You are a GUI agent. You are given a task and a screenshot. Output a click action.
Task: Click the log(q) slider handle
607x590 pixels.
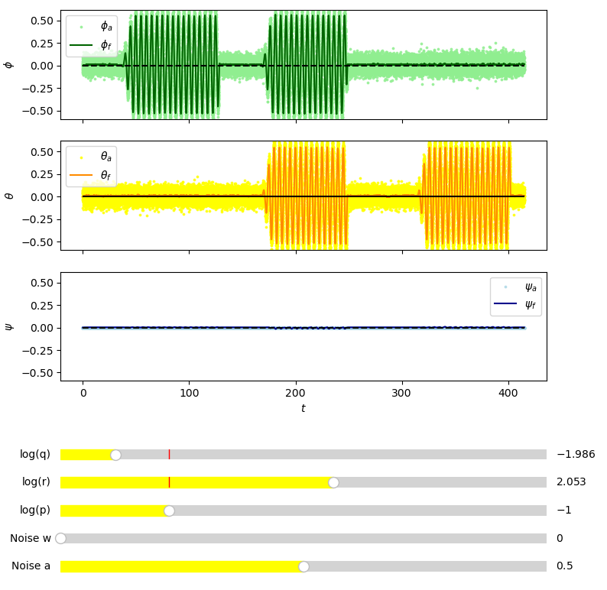click(x=115, y=455)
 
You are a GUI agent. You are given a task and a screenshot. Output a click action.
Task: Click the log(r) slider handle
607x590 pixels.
click(x=333, y=482)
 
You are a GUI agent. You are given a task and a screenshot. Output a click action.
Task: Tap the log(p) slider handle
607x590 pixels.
click(x=169, y=511)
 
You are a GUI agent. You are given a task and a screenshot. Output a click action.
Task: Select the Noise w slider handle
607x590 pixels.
click(x=61, y=538)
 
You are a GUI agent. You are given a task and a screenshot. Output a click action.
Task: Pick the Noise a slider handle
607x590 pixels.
click(x=303, y=566)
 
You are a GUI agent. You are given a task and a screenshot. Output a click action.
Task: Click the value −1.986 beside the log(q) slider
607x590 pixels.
click(x=575, y=455)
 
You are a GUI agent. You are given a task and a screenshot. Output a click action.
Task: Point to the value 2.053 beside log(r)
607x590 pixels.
click(x=570, y=482)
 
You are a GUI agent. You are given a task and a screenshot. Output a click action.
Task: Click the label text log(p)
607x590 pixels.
click(x=35, y=511)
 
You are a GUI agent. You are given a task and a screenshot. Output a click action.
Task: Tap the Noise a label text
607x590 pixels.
click(x=31, y=566)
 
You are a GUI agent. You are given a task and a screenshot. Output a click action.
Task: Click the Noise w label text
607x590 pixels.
click(x=31, y=538)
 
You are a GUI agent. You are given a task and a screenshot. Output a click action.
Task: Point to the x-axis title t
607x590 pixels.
click(x=303, y=409)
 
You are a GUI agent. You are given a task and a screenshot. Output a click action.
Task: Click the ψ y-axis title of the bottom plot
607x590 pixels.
click(x=9, y=326)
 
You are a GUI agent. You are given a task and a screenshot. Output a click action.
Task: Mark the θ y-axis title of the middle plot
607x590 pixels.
click(x=9, y=195)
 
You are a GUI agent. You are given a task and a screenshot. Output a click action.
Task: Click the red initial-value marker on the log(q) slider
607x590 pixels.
click(x=169, y=455)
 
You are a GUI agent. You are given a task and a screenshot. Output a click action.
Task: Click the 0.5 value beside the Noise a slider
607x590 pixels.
click(x=564, y=566)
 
